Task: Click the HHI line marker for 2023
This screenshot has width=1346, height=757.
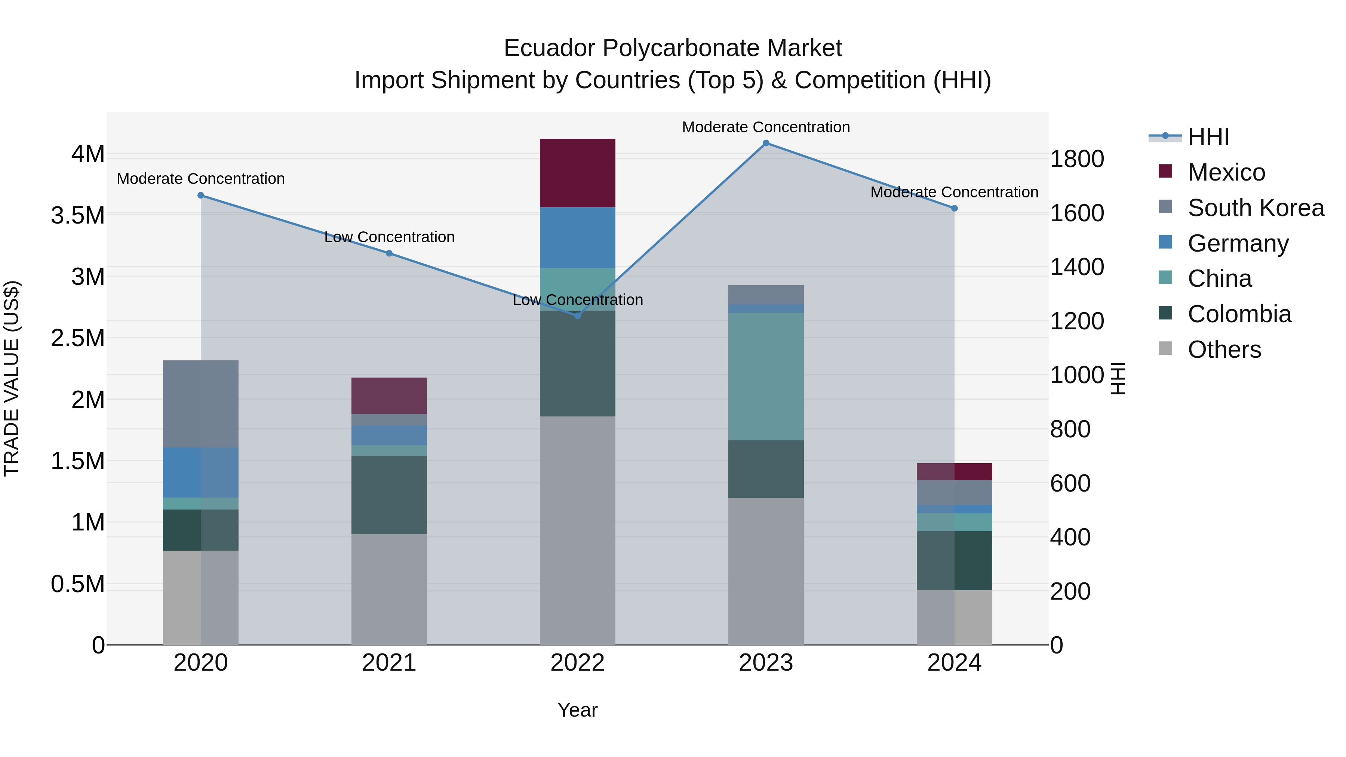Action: tap(766, 143)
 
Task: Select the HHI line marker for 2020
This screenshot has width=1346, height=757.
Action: tap(201, 195)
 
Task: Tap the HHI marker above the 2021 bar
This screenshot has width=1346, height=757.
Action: tap(389, 253)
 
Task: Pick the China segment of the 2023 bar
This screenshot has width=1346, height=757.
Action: tap(766, 376)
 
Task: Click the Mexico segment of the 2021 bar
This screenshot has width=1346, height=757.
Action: tap(389, 396)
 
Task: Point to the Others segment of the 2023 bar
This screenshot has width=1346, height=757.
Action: tap(766, 570)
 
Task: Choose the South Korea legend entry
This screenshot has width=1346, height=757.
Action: tap(1256, 207)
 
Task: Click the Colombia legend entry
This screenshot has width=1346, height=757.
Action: tap(1239, 314)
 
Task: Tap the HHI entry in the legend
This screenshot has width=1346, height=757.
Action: tap(1208, 137)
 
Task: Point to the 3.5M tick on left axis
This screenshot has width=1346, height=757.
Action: tap(78, 215)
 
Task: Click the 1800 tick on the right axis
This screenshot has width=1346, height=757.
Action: tap(1076, 159)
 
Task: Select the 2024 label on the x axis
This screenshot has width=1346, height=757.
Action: tap(954, 663)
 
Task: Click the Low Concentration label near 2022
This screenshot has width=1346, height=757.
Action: tap(577, 300)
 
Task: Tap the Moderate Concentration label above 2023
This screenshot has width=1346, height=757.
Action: tap(766, 127)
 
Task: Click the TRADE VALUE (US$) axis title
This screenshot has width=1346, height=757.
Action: tap(12, 378)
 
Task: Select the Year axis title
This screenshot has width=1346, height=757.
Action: tap(577, 710)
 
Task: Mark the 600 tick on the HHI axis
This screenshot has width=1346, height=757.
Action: tap(1070, 483)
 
